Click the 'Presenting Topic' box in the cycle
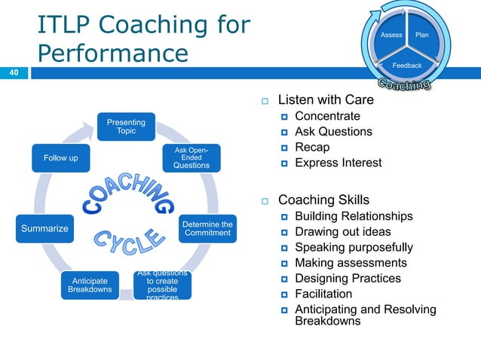click(x=127, y=126)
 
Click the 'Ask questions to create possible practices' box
click(x=162, y=285)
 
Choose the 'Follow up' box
click(x=60, y=158)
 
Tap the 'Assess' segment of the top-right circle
click(x=391, y=35)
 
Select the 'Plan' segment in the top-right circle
click(x=422, y=35)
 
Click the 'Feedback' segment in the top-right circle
click(x=407, y=66)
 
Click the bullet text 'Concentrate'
click(x=327, y=116)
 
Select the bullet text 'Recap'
click(x=311, y=147)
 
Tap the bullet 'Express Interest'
click(x=338, y=163)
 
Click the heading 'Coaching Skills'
click(x=323, y=200)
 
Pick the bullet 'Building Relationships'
click(x=353, y=216)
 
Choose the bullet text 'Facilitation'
click(x=323, y=294)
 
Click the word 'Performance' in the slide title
click(x=112, y=53)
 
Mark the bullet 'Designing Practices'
click(x=348, y=278)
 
